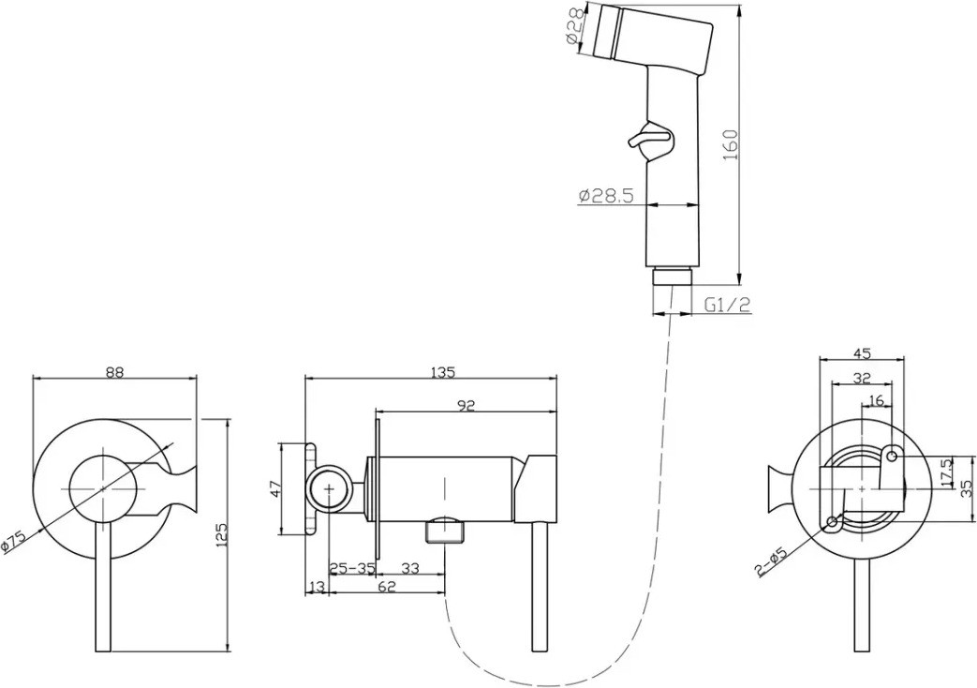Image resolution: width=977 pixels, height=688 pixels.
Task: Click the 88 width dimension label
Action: (114, 372)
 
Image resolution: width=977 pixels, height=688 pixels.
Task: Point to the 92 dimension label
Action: (466, 406)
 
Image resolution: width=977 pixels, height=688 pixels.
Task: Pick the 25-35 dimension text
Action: (352, 568)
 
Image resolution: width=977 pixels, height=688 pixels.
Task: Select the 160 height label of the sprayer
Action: (731, 144)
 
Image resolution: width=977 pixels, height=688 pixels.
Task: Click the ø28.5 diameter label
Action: (606, 196)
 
